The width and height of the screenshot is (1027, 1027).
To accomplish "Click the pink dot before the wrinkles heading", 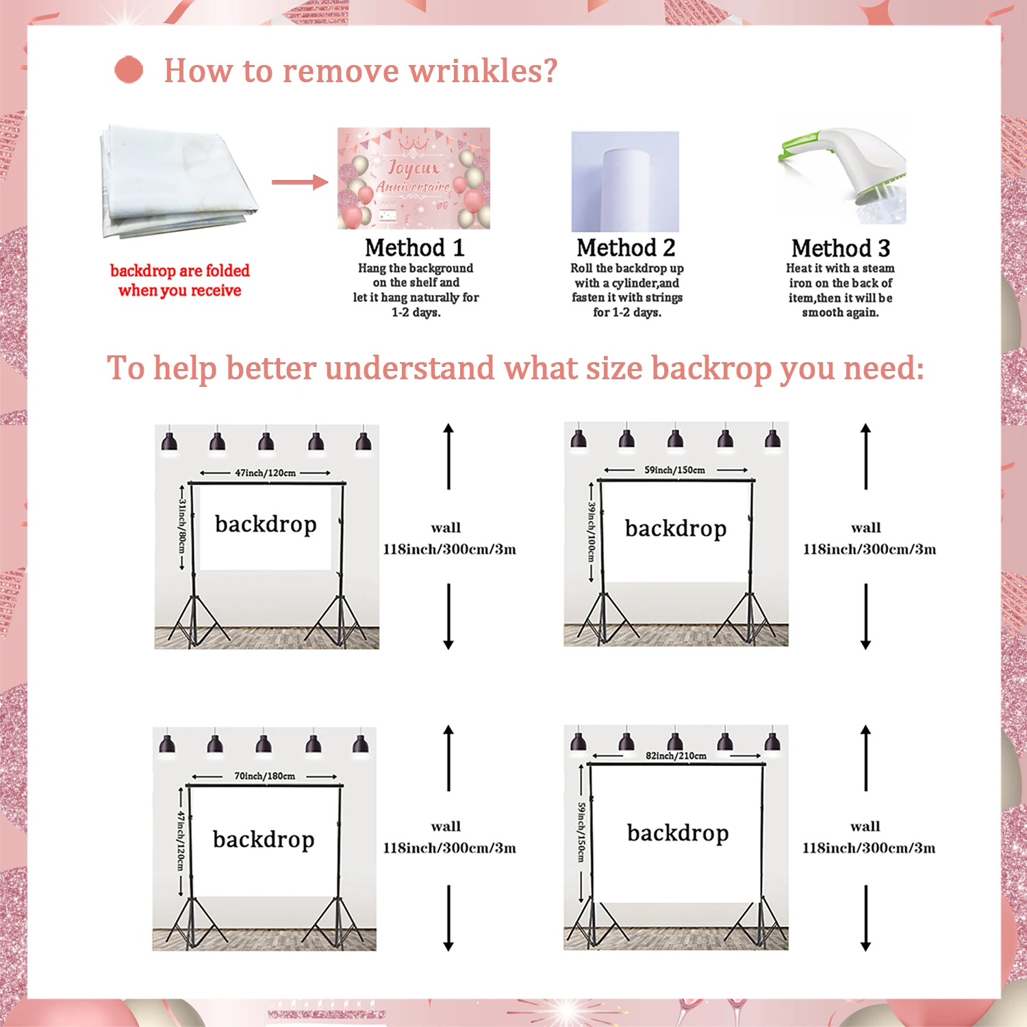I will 129,70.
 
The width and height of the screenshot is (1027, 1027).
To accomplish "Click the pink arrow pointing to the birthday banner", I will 300,182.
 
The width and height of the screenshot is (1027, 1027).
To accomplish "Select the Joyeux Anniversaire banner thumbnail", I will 414,178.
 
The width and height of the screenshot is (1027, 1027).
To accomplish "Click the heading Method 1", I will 414,247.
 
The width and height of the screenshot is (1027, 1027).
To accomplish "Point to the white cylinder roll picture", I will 625,182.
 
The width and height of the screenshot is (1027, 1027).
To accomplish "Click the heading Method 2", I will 626,247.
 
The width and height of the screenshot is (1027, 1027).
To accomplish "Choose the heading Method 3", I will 841,248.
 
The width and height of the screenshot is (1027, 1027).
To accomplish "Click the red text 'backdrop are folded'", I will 180,270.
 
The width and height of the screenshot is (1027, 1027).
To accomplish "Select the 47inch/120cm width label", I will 266,472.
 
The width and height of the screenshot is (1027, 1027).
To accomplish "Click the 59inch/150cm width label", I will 674,470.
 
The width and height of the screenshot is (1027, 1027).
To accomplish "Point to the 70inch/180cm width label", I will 264,776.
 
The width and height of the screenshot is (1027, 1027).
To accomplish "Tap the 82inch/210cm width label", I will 676,755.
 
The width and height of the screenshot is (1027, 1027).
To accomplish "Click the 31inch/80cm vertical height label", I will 182,526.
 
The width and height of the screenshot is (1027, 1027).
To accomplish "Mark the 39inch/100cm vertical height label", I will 592,532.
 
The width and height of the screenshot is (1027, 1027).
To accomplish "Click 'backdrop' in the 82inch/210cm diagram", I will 678,833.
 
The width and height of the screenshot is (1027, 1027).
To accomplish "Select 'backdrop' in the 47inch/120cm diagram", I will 266,524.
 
